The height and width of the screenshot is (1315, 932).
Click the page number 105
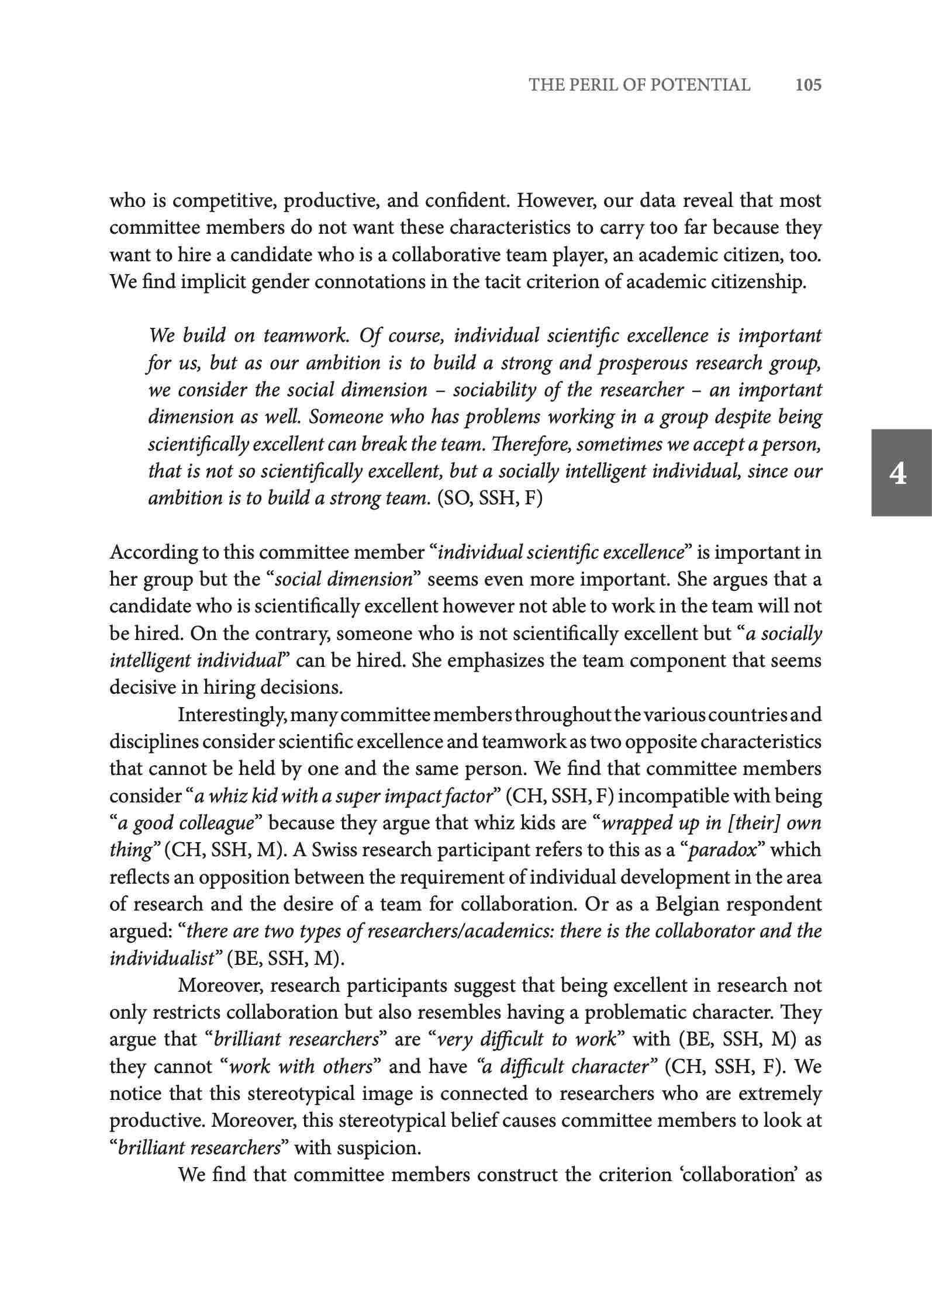pyautogui.click(x=808, y=85)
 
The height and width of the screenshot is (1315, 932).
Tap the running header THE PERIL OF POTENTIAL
pyautogui.click(x=640, y=85)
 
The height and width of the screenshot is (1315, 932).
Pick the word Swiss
pyautogui.click(x=334, y=850)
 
